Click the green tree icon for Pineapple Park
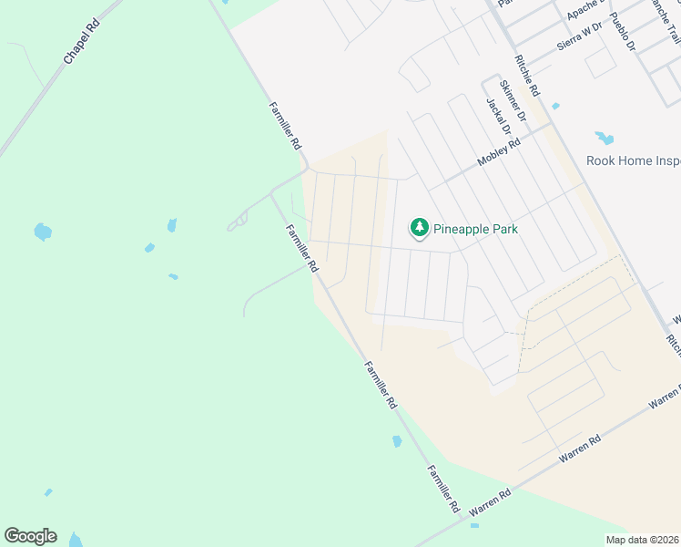tap(419, 228)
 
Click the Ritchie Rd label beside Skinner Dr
tap(527, 76)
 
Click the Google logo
tap(30, 536)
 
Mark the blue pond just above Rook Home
tap(605, 139)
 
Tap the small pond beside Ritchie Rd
tap(555, 107)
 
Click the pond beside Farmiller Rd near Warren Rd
tap(397, 442)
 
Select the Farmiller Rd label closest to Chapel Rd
tap(284, 125)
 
